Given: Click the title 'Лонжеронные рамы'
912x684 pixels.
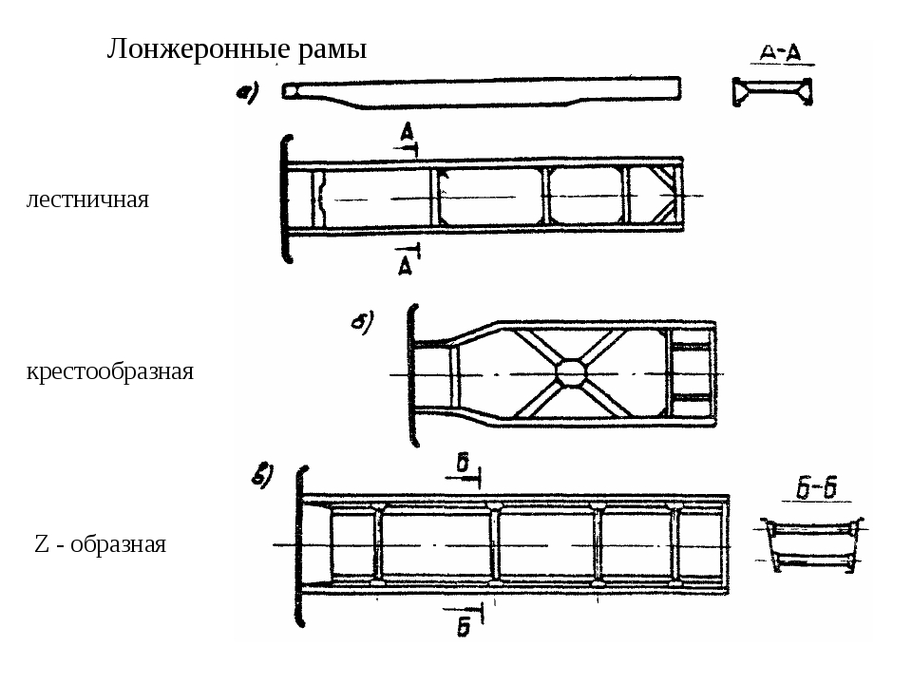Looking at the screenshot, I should click(x=236, y=48).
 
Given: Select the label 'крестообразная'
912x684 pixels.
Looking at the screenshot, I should click(x=110, y=371).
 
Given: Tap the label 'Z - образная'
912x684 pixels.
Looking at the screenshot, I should click(x=100, y=544).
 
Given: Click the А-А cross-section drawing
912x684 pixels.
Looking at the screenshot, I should click(x=771, y=92).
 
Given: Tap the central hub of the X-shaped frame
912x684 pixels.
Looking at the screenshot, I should click(x=573, y=373).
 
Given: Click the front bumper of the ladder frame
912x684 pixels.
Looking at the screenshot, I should click(x=283, y=198).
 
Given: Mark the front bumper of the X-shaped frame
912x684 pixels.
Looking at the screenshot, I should click(x=411, y=373).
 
